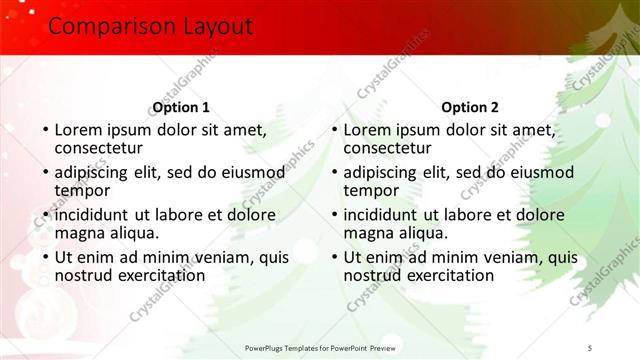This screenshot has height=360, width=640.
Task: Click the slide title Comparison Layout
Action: click(150, 27)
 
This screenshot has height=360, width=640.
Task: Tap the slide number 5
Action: click(591, 346)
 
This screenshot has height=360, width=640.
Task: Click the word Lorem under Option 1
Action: click(80, 129)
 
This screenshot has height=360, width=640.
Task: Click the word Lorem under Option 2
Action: click(369, 129)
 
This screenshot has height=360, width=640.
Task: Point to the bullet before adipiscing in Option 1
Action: click(45, 172)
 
